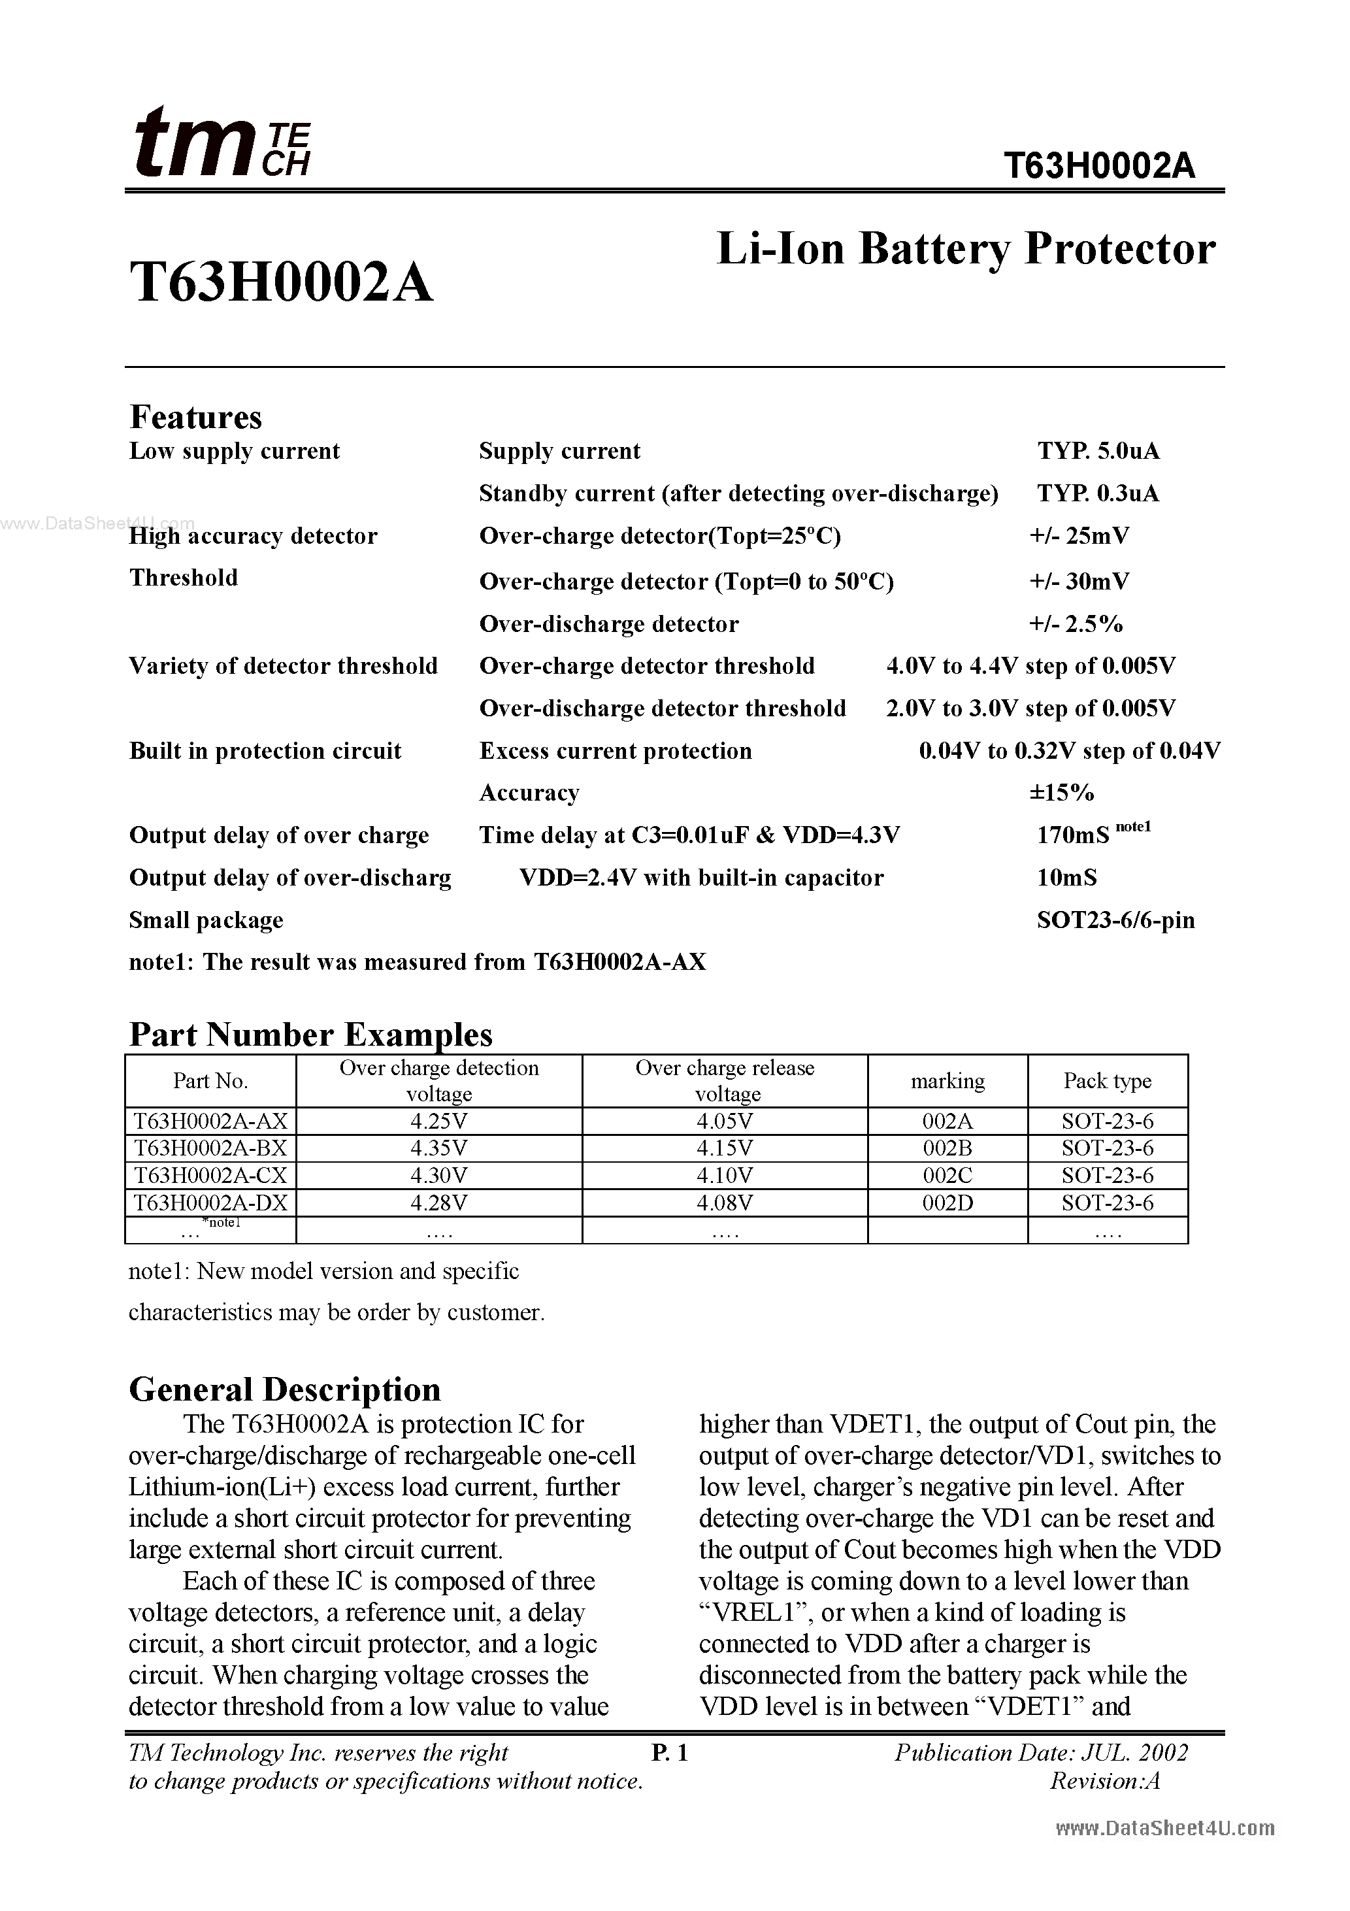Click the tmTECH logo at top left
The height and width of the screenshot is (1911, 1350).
tap(222, 143)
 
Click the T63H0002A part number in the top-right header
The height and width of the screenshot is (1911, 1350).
tap(1098, 167)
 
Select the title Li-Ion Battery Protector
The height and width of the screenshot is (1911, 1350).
tap(966, 249)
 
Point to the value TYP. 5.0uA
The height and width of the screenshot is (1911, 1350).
tap(1098, 451)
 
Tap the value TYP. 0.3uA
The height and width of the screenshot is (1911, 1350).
tap(1098, 493)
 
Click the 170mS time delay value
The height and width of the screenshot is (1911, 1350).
tap(1073, 836)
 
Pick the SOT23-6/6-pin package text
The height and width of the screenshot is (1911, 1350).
tap(1115, 921)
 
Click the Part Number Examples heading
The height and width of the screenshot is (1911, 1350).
tap(310, 1035)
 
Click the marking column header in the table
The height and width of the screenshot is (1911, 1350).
tap(947, 1081)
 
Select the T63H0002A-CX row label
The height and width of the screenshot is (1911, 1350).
tap(210, 1175)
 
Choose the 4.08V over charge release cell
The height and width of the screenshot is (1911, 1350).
tap(724, 1203)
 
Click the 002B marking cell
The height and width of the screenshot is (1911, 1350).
tap(947, 1148)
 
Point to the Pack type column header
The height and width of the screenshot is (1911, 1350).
tap(1107, 1081)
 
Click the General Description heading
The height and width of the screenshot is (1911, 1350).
tap(285, 1391)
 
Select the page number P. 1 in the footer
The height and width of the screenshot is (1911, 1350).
tap(669, 1753)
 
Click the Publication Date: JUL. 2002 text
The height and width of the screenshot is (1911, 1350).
tap(1041, 1753)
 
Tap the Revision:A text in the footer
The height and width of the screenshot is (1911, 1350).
tap(1104, 1782)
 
